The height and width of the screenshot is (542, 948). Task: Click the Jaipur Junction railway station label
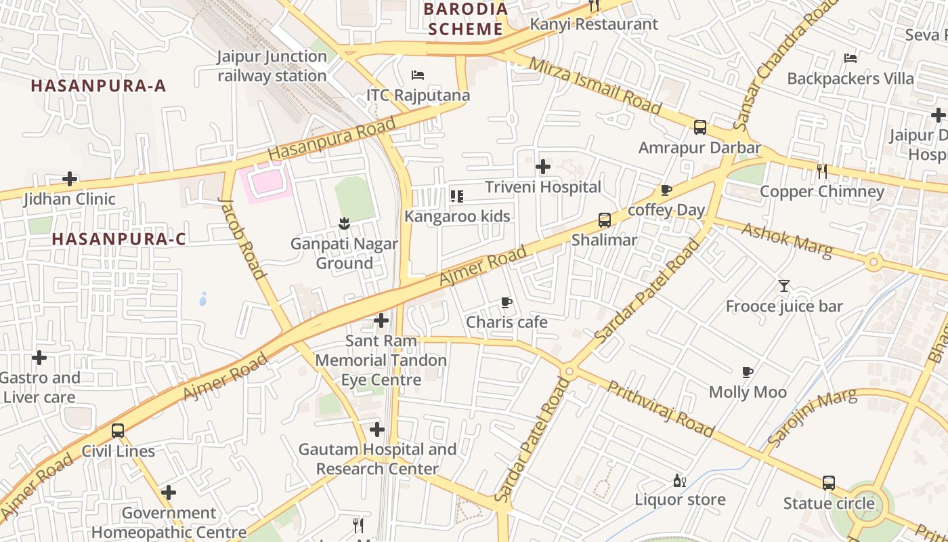point(272,66)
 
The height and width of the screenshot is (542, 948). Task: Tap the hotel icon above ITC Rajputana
point(418,75)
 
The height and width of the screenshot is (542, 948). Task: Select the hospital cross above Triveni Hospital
point(542,167)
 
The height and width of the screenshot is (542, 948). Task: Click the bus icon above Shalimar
point(604,220)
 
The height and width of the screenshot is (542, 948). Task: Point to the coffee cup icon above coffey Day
point(666,190)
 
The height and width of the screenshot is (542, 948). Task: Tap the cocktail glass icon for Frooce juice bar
point(783,286)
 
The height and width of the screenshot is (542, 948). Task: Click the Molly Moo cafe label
point(748,392)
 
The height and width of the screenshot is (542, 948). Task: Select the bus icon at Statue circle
point(828,483)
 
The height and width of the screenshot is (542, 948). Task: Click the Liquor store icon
point(679,481)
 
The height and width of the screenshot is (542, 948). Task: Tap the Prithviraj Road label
point(660,409)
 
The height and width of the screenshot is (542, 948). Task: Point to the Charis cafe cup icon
point(506,302)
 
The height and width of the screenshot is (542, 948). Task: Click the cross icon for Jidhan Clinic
point(70,180)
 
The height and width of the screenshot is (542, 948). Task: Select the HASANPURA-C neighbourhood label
point(118,239)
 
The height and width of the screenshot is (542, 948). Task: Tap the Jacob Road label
point(242,238)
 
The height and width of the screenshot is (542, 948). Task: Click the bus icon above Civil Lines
point(118,431)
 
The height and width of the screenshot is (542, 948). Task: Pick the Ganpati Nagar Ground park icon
point(344,224)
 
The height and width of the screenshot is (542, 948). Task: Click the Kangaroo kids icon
point(457,196)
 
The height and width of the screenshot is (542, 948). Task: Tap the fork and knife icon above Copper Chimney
point(821,171)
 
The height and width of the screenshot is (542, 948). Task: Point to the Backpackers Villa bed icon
point(850,58)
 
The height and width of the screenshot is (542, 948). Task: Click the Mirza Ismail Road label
point(595,85)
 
